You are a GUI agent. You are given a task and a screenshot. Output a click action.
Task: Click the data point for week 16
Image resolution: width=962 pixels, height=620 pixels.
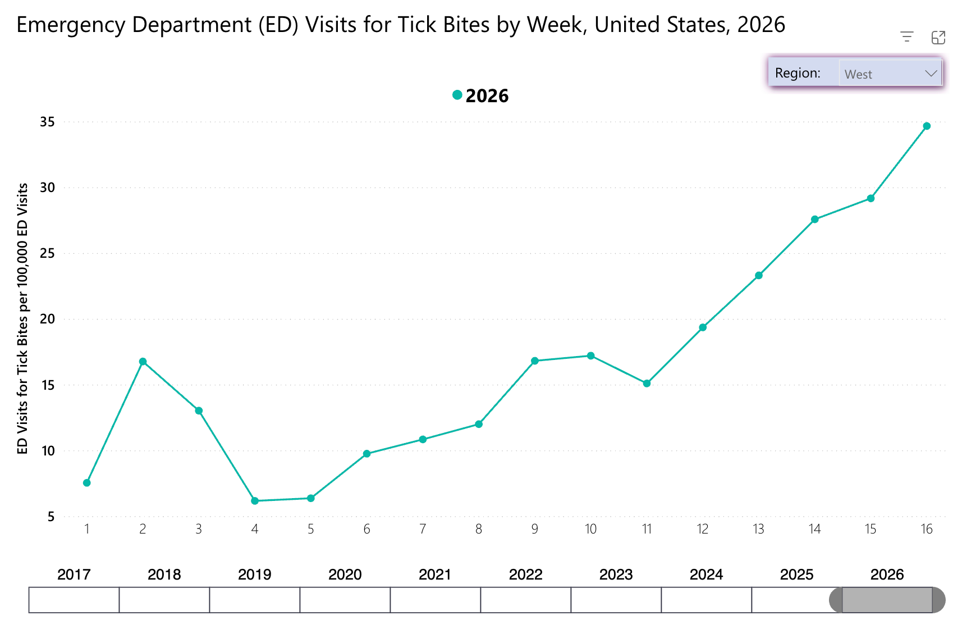click(926, 126)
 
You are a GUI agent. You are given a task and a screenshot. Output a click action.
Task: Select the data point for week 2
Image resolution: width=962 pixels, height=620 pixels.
click(143, 361)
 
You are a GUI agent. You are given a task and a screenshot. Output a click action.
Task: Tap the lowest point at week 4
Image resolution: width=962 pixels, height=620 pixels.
click(255, 500)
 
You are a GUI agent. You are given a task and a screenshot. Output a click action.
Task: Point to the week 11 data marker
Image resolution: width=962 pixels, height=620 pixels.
click(647, 383)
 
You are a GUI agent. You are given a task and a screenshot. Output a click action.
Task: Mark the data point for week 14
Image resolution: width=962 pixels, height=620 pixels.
click(815, 219)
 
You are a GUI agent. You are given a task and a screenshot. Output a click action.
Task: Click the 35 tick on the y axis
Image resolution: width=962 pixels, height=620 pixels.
click(47, 122)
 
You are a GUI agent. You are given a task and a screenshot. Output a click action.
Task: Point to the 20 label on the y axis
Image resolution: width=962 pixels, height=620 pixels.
click(47, 319)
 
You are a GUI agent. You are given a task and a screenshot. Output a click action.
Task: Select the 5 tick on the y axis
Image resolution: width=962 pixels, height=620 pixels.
click(51, 517)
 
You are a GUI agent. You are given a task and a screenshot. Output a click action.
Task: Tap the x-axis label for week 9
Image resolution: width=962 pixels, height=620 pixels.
click(535, 529)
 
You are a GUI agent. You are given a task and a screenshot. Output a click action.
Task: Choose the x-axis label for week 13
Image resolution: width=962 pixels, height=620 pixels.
click(758, 529)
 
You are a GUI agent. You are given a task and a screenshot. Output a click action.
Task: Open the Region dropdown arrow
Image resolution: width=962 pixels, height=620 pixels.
click(931, 74)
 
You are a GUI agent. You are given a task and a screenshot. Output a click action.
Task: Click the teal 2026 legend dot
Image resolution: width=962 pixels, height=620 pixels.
click(457, 95)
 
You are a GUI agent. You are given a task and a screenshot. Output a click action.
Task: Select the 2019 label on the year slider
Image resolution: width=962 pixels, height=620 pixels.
click(255, 575)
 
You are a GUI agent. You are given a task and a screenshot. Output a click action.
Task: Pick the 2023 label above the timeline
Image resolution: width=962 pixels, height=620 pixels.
click(616, 575)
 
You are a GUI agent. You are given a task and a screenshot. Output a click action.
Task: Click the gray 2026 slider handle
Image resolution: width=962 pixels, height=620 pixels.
click(887, 600)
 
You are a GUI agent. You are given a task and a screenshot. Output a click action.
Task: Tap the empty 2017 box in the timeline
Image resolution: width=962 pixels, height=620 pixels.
click(74, 600)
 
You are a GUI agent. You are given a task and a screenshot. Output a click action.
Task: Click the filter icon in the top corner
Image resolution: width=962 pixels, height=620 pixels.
click(906, 37)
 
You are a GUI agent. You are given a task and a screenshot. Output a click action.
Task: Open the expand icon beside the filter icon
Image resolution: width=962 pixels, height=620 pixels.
click(938, 38)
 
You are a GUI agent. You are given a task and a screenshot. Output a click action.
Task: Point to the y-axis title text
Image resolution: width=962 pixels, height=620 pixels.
click(22, 319)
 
